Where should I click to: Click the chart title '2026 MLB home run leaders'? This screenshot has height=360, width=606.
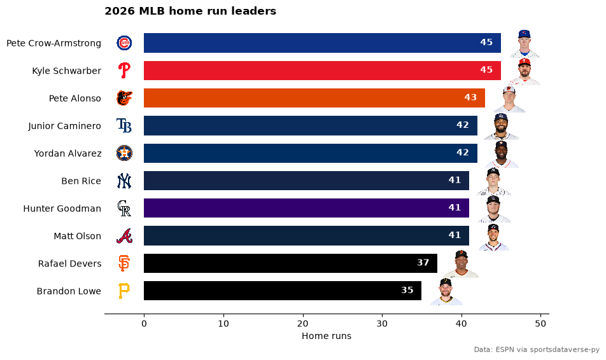pyautogui.click(x=190, y=11)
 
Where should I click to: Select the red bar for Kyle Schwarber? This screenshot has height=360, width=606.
pyautogui.click(x=322, y=71)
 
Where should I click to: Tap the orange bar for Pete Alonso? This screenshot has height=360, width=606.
pyautogui.click(x=314, y=98)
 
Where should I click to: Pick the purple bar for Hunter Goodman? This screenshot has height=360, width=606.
pyautogui.click(x=306, y=208)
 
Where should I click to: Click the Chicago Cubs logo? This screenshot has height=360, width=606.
pyautogui.click(x=124, y=43)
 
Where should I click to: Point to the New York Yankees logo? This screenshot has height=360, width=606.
pyautogui.click(x=124, y=181)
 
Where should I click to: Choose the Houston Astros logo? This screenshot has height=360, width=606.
pyautogui.click(x=124, y=153)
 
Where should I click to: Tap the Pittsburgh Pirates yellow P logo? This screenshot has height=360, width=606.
pyautogui.click(x=124, y=291)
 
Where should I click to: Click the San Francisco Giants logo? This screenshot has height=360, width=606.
pyautogui.click(x=124, y=263)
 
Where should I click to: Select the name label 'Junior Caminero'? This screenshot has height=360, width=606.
pyautogui.click(x=64, y=126)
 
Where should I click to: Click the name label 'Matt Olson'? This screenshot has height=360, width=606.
pyautogui.click(x=77, y=236)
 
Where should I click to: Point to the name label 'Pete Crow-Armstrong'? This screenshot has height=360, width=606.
pyautogui.click(x=53, y=43)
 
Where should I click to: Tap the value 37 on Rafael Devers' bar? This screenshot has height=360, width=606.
pyautogui.click(x=423, y=263)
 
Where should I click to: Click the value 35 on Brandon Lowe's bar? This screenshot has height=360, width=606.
pyautogui.click(x=407, y=290)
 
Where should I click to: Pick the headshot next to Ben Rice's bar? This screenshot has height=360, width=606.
pyautogui.click(x=493, y=181)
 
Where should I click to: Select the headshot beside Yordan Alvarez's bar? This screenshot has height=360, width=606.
pyautogui.click(x=502, y=154)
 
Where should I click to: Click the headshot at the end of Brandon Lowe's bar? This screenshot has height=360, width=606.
pyautogui.click(x=446, y=292)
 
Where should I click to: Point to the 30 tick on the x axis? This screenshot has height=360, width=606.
pyautogui.click(x=382, y=324)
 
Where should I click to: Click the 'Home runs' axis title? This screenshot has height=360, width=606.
pyautogui.click(x=327, y=336)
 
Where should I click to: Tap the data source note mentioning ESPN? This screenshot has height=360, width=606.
pyautogui.click(x=537, y=350)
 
